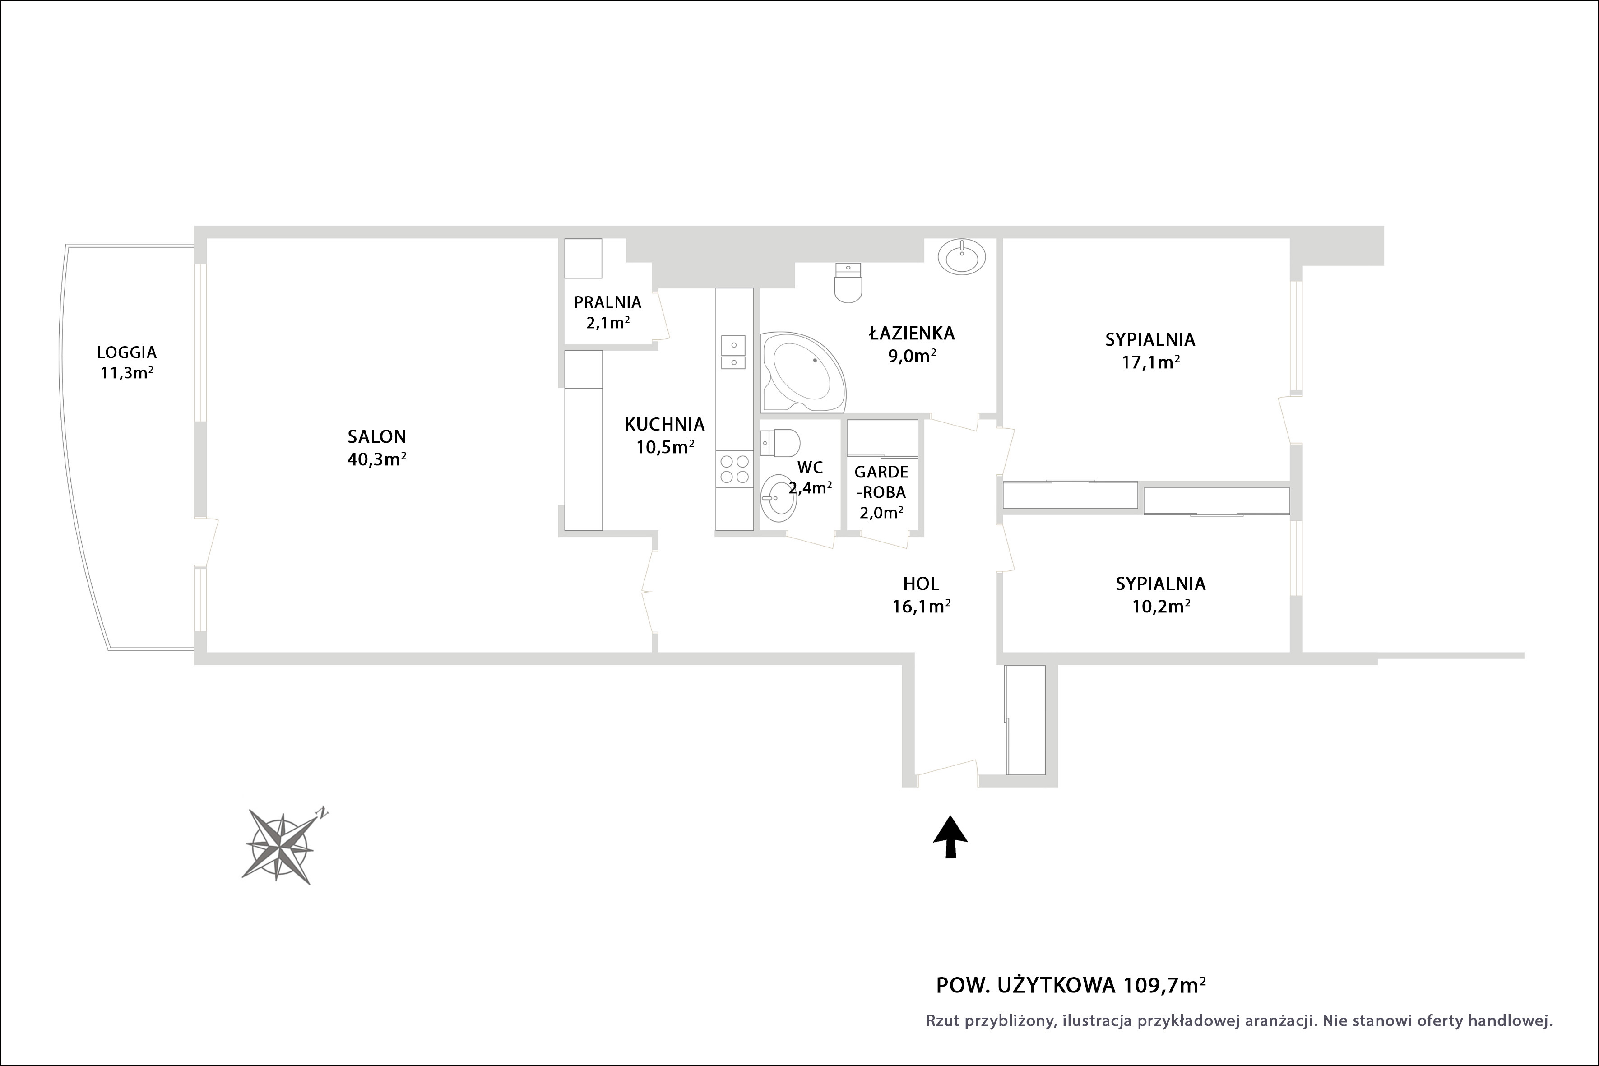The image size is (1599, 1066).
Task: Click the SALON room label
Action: pyautogui.click(x=377, y=436)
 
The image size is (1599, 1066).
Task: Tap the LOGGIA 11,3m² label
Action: pyautogui.click(x=127, y=362)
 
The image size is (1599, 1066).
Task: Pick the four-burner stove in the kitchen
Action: pyautogui.click(x=734, y=468)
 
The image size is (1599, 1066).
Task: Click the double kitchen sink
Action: pyautogui.click(x=733, y=352)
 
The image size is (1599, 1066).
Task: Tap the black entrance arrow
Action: pyautogui.click(x=950, y=837)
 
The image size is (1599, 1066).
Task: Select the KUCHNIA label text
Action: pyautogui.click(x=665, y=424)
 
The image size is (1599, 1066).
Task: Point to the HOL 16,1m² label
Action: pyautogui.click(x=921, y=594)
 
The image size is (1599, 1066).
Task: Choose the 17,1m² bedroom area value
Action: pyautogui.click(x=1150, y=362)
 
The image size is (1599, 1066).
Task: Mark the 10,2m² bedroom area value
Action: pyautogui.click(x=1160, y=606)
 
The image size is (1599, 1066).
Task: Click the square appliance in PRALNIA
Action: pyautogui.click(x=583, y=258)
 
